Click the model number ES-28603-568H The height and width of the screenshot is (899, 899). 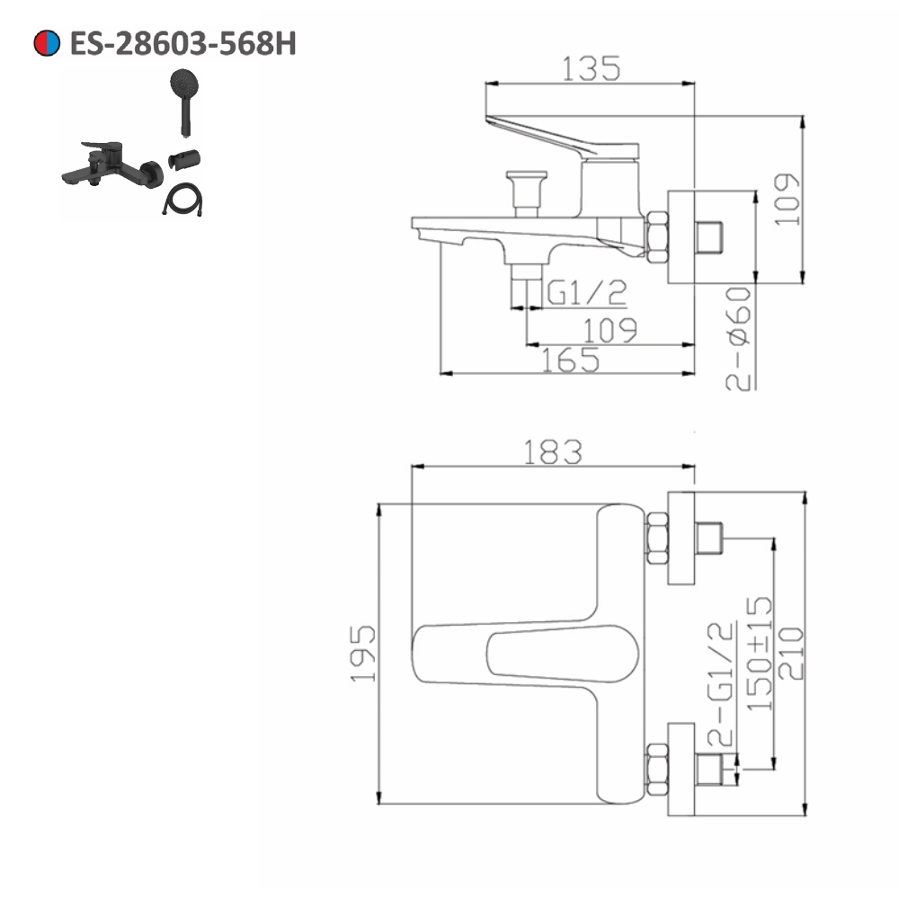pos(182,43)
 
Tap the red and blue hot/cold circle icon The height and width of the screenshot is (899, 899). pos(47,43)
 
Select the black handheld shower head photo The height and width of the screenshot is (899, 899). pos(184,102)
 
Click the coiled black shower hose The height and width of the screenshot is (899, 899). pos(182,199)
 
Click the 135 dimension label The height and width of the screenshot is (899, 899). pos(591,69)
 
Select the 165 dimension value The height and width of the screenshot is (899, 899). pos(571,360)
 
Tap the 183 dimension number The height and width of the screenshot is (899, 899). pos(553,452)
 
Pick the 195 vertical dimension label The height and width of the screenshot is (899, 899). pos(363,654)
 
